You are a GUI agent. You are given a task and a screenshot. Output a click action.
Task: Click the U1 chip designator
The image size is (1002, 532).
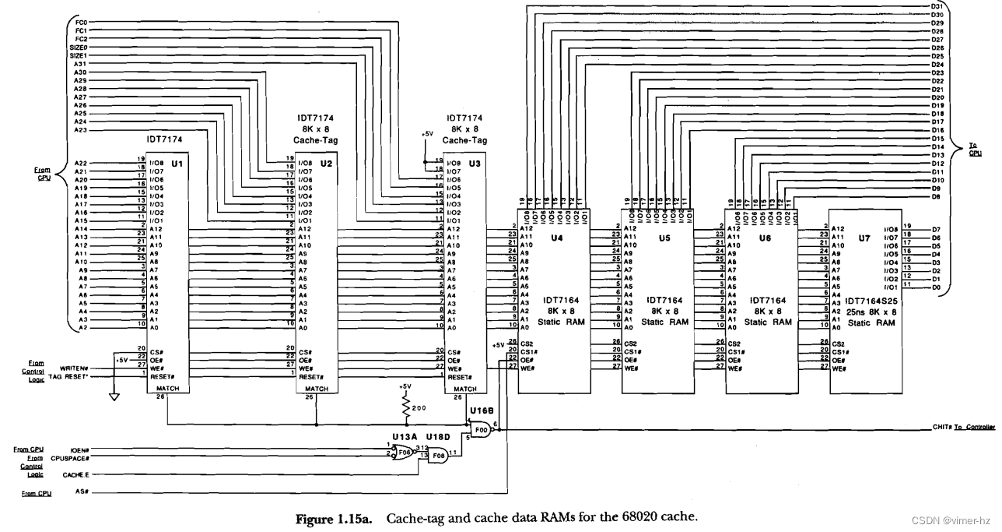(176, 164)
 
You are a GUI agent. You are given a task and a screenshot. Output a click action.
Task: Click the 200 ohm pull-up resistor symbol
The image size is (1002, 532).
(405, 408)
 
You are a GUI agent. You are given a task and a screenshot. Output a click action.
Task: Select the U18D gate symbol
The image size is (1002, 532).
(437, 454)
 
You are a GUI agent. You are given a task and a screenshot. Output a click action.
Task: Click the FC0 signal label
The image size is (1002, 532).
(81, 23)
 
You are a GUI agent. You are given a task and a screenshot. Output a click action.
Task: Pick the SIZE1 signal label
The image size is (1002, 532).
(78, 56)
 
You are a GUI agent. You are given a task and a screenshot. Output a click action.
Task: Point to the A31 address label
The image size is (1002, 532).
(81, 64)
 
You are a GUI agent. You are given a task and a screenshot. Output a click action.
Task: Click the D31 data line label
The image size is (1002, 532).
(937, 6)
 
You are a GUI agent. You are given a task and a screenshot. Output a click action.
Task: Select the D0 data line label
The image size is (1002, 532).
(937, 287)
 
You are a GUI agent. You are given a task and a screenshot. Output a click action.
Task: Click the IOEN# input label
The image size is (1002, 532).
(79, 449)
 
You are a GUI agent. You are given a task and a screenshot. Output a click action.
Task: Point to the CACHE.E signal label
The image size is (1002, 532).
(76, 474)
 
